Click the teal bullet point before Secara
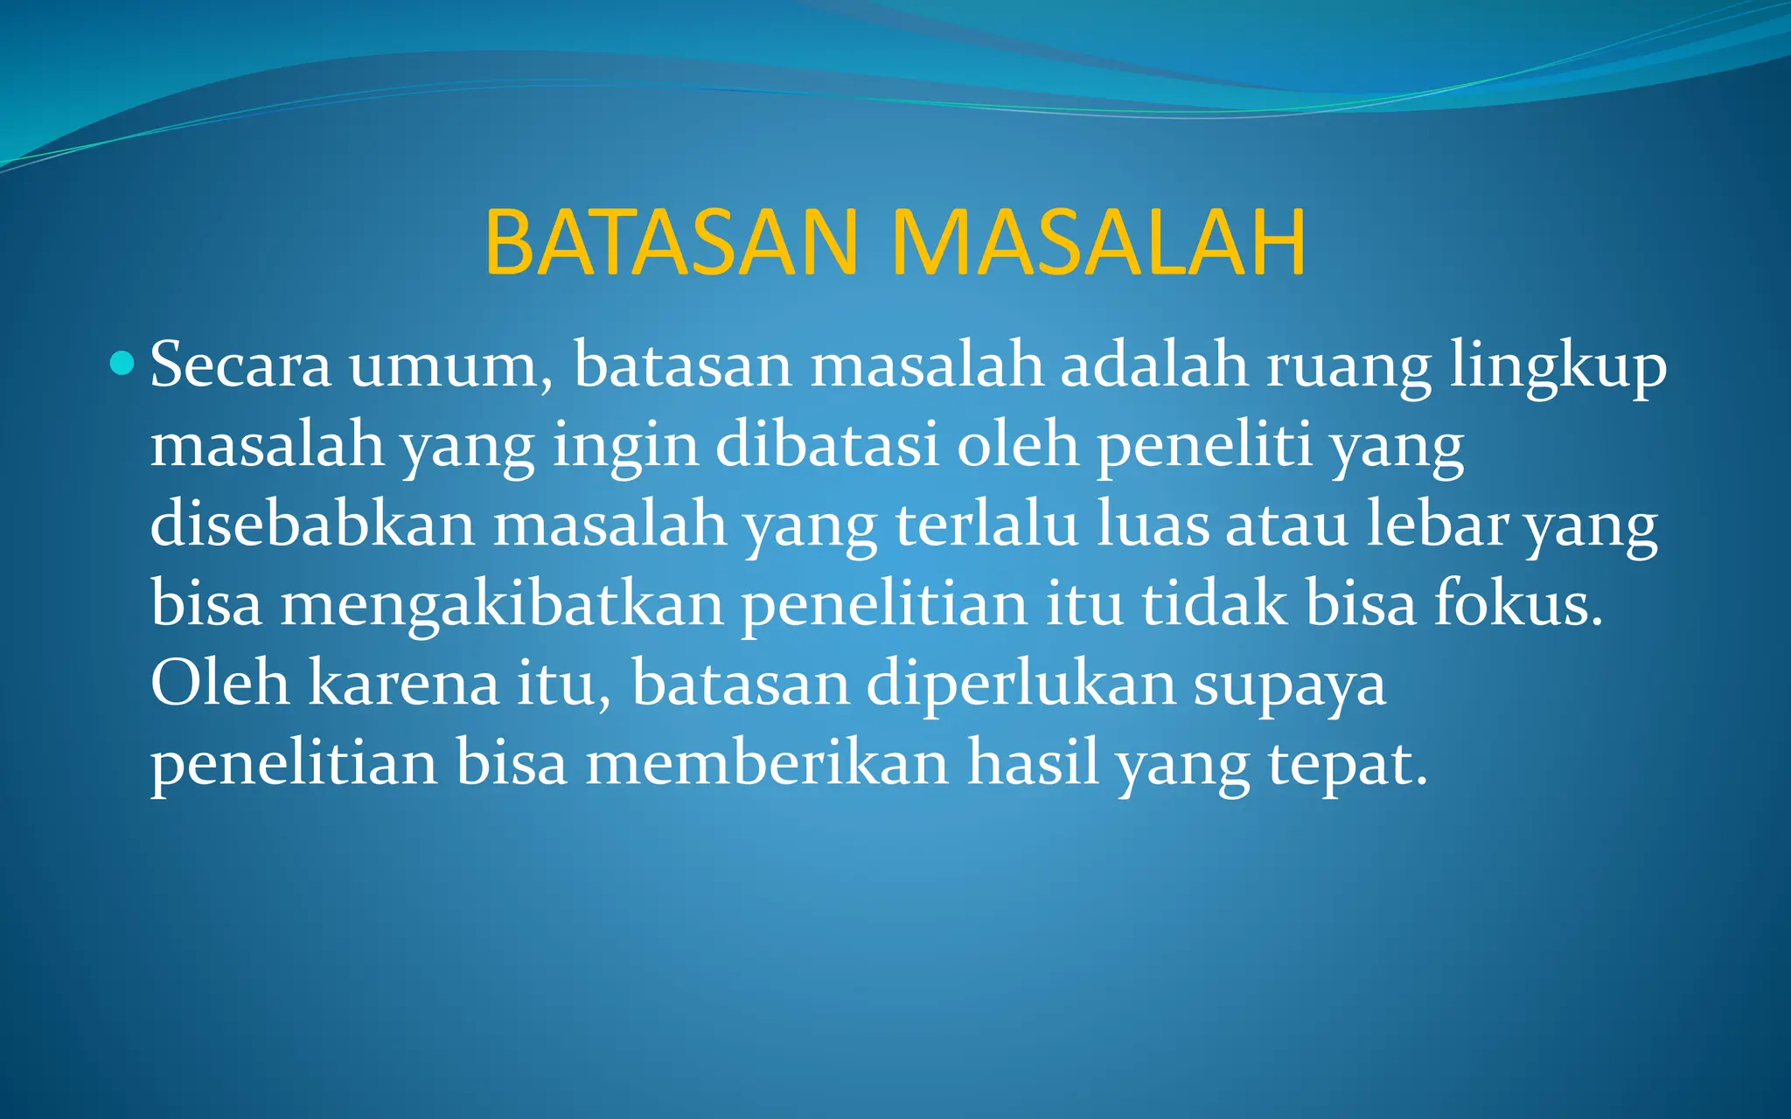(x=123, y=362)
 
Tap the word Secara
(x=240, y=365)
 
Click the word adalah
(x=1154, y=365)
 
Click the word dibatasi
(x=827, y=445)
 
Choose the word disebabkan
(x=312, y=525)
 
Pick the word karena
(x=403, y=684)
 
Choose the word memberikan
(x=767, y=763)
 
